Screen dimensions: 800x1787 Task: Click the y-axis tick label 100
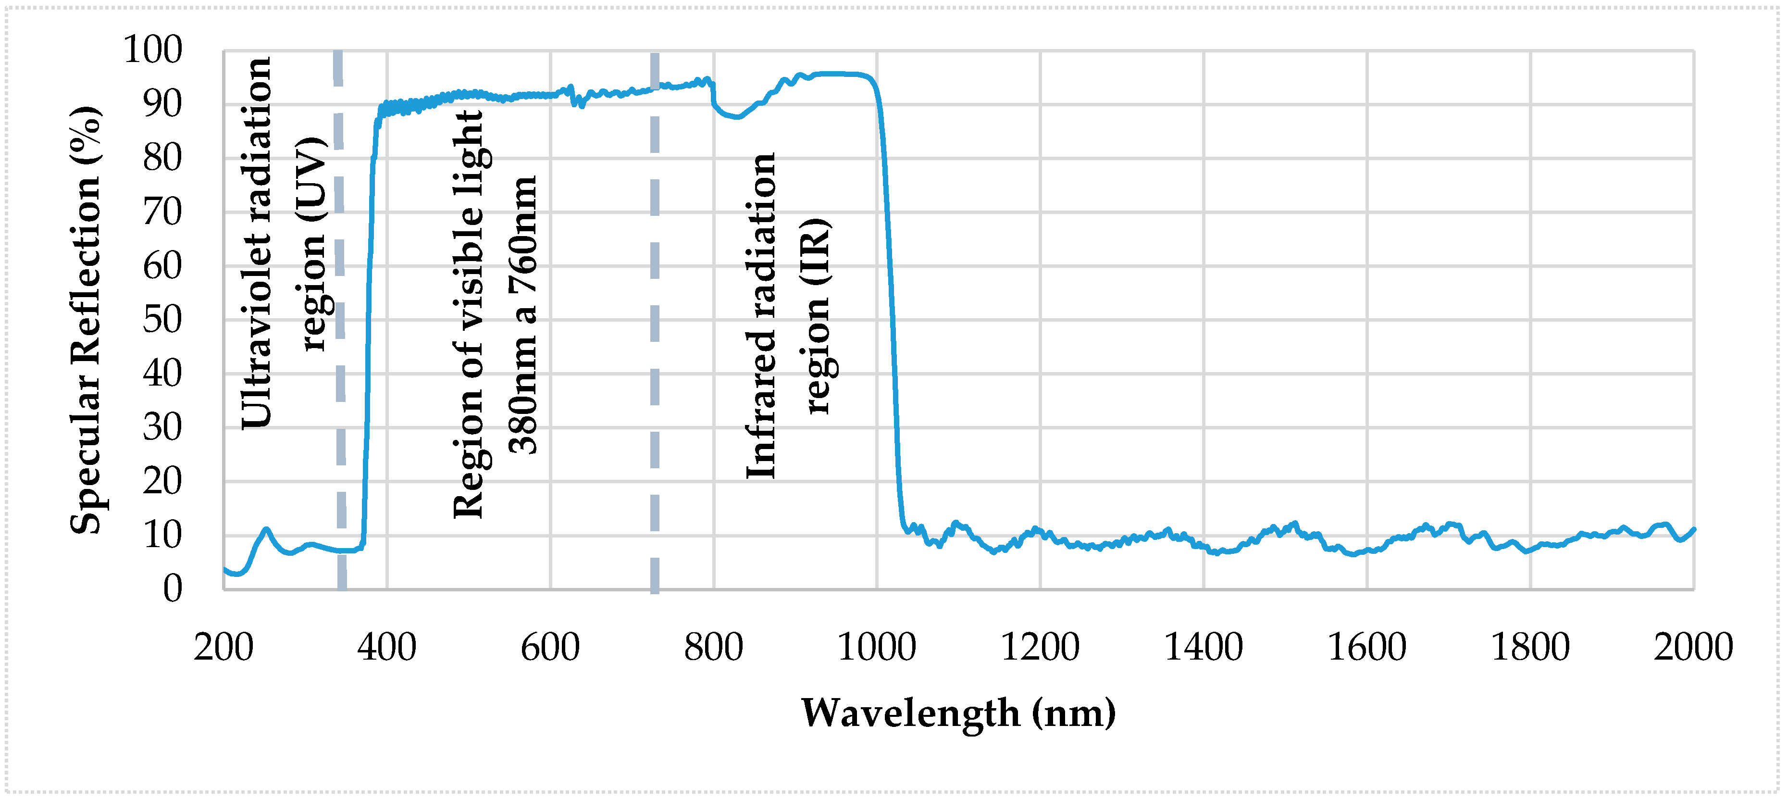pos(153,50)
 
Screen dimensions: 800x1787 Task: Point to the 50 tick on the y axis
pos(162,320)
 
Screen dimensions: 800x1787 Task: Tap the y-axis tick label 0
pos(173,588)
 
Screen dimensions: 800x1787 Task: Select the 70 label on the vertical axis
pos(162,212)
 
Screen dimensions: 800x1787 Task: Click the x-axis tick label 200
pos(223,647)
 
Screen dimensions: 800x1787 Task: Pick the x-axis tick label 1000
pos(877,647)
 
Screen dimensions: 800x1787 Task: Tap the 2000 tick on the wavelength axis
pos(1693,647)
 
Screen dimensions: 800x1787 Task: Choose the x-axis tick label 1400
pos(1203,647)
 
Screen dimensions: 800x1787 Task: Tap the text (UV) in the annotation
pos(311,179)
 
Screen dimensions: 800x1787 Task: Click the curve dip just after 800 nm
pos(737,116)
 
